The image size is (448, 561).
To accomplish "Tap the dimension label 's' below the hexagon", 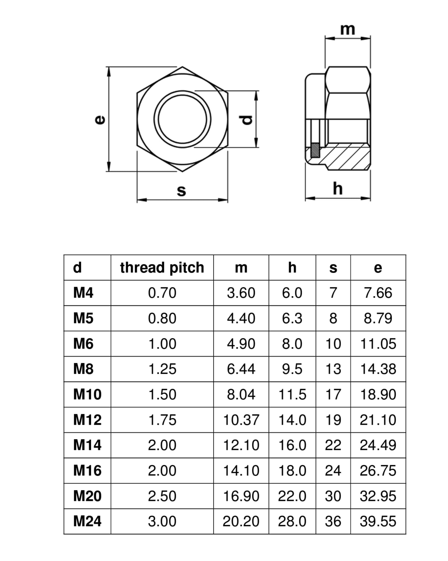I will pyautogui.click(x=181, y=190).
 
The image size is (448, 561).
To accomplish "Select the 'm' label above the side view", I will pyautogui.click(x=348, y=30).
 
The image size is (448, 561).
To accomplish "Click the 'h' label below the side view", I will pyautogui.click(x=338, y=189).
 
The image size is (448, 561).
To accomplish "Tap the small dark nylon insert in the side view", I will pyautogui.click(x=315, y=150).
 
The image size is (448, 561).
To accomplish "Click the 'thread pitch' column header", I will pyautogui.click(x=162, y=268).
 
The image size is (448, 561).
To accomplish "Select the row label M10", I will pyautogui.click(x=87, y=395).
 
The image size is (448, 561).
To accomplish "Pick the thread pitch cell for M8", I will pyautogui.click(x=162, y=369).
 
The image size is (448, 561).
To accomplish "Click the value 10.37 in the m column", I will pyautogui.click(x=241, y=420).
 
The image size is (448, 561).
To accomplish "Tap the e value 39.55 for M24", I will pyautogui.click(x=378, y=522).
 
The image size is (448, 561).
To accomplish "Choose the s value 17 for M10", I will pyautogui.click(x=333, y=395).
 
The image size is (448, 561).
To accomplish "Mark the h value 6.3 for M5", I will pyautogui.click(x=292, y=318).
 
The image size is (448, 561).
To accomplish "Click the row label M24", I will pyautogui.click(x=87, y=522).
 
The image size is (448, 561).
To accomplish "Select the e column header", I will pyautogui.click(x=378, y=268).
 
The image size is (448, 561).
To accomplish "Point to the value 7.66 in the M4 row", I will pyautogui.click(x=378, y=293).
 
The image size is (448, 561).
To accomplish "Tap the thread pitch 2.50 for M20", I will pyautogui.click(x=162, y=496).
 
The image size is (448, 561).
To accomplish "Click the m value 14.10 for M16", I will pyautogui.click(x=241, y=471).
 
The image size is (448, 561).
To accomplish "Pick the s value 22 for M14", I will pyautogui.click(x=333, y=445).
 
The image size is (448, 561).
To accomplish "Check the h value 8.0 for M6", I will pyautogui.click(x=292, y=344).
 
